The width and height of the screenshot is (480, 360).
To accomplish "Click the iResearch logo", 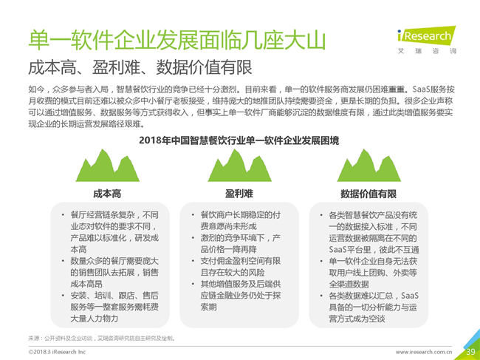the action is pyautogui.click(x=427, y=40).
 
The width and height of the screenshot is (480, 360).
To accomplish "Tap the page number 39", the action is pyautogui.click(x=471, y=351).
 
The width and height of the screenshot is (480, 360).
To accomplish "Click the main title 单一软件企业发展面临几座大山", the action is pyautogui.click(x=176, y=40).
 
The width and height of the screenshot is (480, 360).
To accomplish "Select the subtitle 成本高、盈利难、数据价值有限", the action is pyautogui.click(x=140, y=67).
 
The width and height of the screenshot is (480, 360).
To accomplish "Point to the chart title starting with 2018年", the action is pyautogui.click(x=239, y=140).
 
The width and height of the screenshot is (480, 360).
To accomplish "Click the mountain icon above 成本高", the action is pyautogui.click(x=108, y=166).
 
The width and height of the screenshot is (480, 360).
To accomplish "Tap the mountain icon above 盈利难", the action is pyautogui.click(x=239, y=166).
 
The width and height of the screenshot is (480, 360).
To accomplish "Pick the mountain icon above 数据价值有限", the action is pyautogui.click(x=369, y=166).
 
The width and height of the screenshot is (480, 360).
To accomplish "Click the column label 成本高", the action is pyautogui.click(x=107, y=194).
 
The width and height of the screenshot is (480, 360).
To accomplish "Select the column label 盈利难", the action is pyautogui.click(x=239, y=194).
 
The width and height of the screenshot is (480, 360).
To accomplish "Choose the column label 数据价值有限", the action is pyautogui.click(x=368, y=194).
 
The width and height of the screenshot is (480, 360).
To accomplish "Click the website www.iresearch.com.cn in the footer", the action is pyautogui.click(x=424, y=352).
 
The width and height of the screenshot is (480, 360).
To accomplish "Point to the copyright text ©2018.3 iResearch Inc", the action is pyautogui.click(x=57, y=352).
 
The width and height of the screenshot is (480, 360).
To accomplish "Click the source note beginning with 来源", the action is pyautogui.click(x=102, y=339).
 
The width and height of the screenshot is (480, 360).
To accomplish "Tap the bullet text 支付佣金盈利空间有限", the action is pyautogui.click(x=241, y=261).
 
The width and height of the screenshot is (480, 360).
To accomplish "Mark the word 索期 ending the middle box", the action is pyautogui.click(x=208, y=307).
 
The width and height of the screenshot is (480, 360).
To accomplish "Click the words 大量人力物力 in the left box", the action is pyautogui.click(x=95, y=319).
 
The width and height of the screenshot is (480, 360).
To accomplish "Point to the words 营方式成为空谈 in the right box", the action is pyautogui.click(x=357, y=319).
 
